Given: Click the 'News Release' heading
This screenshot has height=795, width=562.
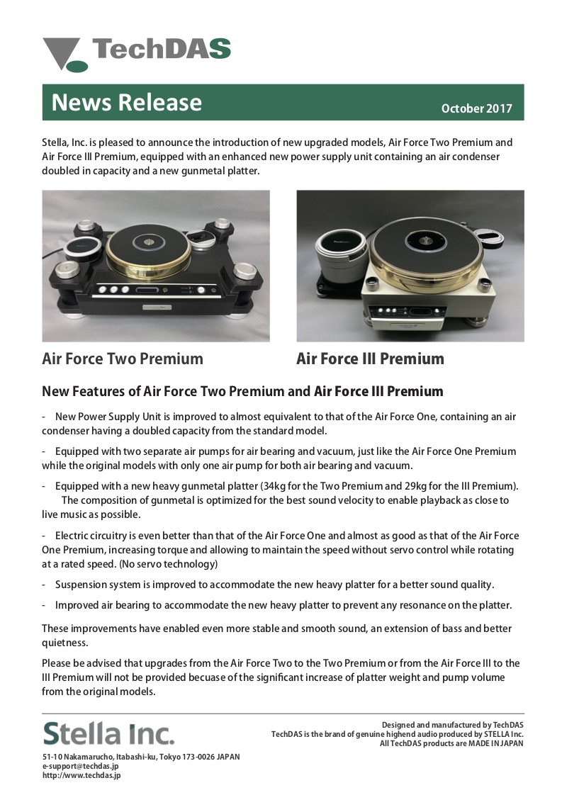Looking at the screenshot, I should tap(127, 103).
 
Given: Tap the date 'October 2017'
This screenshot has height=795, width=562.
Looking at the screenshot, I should tap(476, 108).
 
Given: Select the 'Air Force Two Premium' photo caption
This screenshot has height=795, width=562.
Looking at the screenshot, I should tap(123, 359).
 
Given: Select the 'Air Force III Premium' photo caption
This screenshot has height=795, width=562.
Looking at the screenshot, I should tap(370, 359).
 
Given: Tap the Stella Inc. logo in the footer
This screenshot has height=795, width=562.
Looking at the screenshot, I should tap(108, 733).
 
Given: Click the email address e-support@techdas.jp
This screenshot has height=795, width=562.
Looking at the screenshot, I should tap(80, 766).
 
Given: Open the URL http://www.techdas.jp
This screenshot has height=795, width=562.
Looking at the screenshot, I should tap(82, 775).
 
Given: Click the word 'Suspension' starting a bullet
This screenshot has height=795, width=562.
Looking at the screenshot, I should tap(82, 585).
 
